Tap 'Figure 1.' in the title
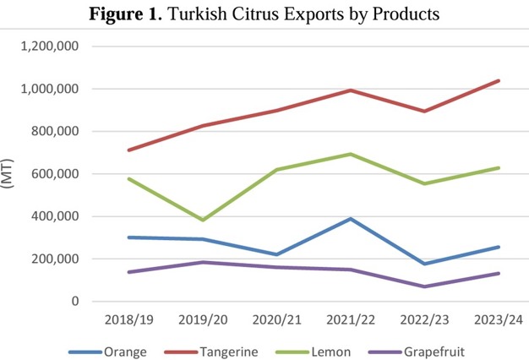click(x=144, y=14)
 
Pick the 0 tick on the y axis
click(x=74, y=301)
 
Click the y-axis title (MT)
click(x=11, y=174)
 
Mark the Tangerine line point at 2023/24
click(x=499, y=81)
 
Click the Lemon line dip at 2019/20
click(x=203, y=220)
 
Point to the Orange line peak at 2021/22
click(x=351, y=219)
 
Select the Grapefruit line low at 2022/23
click(x=424, y=286)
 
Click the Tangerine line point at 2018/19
click(x=128, y=150)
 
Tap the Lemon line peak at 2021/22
click(x=351, y=154)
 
